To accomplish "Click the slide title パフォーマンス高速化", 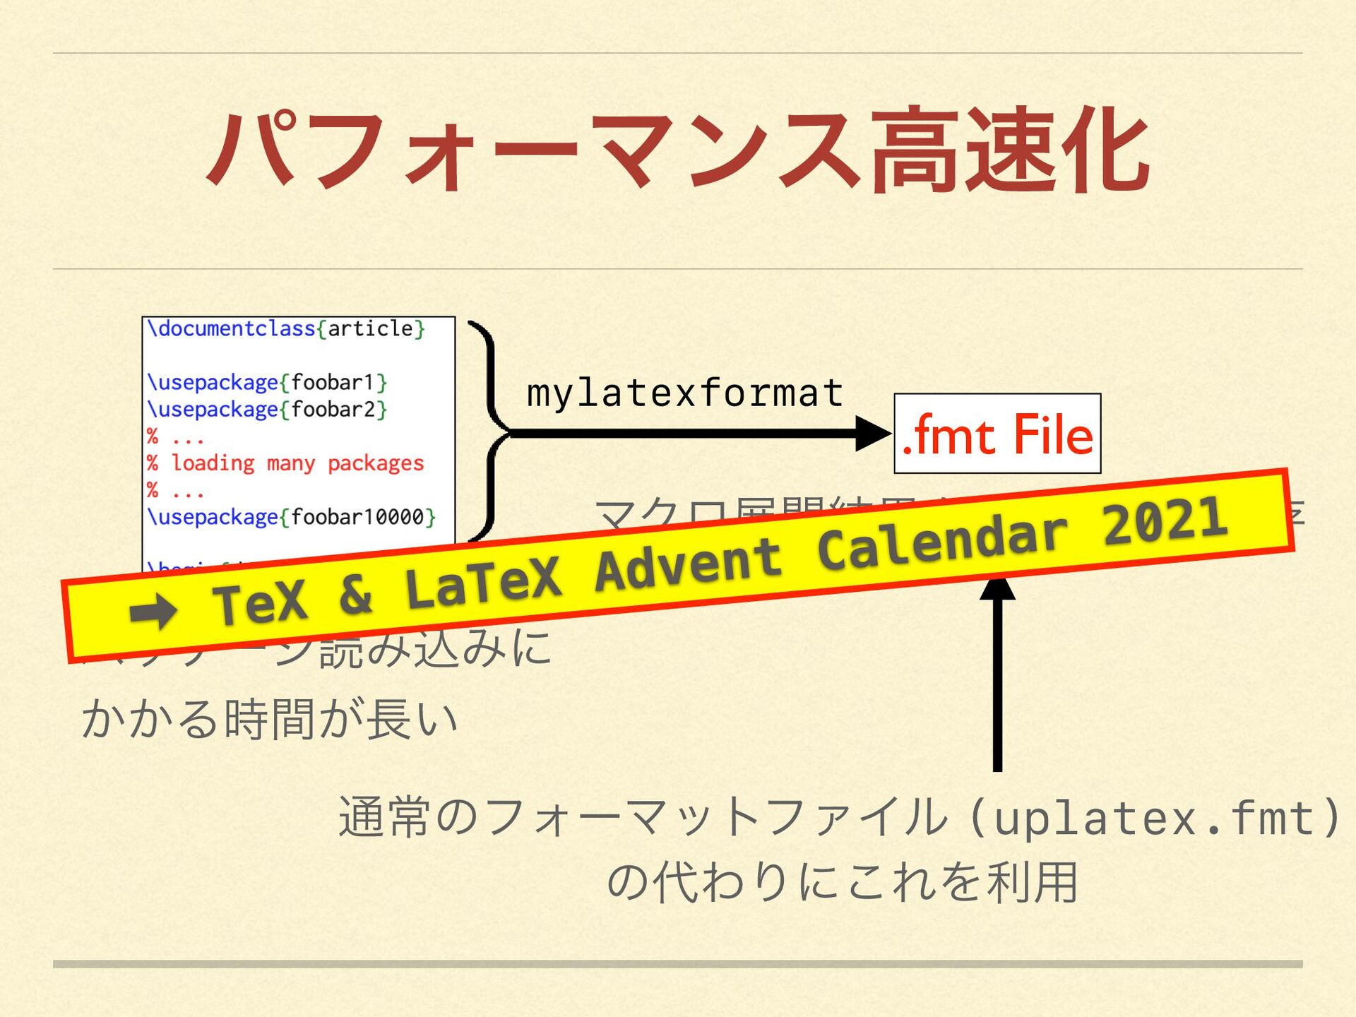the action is [678, 150].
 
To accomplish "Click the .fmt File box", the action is [997, 434].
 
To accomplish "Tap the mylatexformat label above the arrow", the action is [684, 393].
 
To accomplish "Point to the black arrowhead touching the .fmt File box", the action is [873, 434].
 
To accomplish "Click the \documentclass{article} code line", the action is [285, 329].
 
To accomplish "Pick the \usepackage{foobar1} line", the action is [267, 383].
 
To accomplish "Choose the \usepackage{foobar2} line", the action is [267, 410].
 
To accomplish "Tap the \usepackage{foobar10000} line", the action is [291, 517].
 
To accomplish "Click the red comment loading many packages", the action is [297, 463].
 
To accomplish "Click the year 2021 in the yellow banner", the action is [1165, 521].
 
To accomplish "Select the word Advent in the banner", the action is [689, 566].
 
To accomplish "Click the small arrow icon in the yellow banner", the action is [153, 611].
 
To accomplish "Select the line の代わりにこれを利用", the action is [842, 882].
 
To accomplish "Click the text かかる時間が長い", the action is [270, 719].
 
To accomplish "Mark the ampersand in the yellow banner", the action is [355, 595].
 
